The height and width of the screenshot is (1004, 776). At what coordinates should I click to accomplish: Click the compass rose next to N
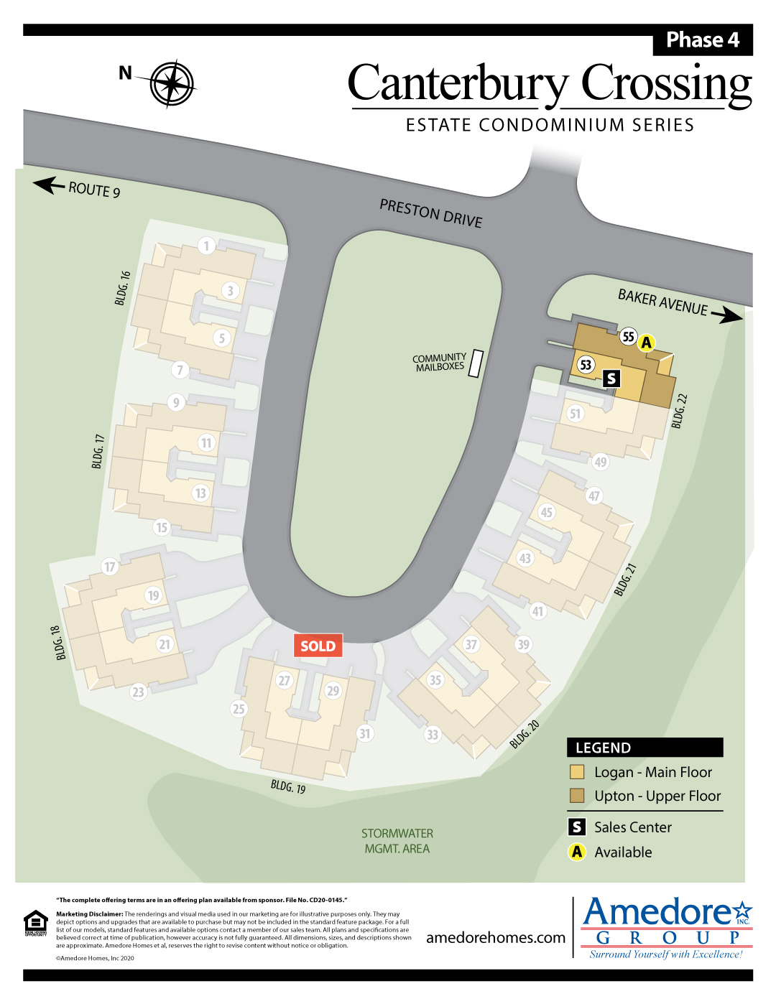[x=172, y=84]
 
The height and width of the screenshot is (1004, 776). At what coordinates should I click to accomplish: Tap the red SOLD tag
[x=318, y=646]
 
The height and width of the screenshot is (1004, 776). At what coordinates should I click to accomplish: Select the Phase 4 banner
[x=702, y=40]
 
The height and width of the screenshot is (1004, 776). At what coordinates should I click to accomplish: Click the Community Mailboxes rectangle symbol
[x=476, y=363]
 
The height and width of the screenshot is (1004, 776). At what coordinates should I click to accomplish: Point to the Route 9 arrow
[x=49, y=185]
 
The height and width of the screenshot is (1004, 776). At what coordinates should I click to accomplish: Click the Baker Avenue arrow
[x=727, y=315]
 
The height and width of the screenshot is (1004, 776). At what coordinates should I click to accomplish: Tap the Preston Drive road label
[x=430, y=213]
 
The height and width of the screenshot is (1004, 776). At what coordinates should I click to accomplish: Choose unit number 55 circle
[x=629, y=337]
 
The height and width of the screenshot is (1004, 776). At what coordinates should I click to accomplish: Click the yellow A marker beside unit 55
[x=647, y=343]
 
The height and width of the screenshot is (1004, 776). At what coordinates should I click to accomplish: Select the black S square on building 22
[x=611, y=378]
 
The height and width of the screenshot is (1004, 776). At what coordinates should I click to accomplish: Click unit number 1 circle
[x=207, y=246]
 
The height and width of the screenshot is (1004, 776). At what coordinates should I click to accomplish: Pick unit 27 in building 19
[x=285, y=680]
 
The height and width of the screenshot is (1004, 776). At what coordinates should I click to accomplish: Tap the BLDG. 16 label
[x=123, y=288]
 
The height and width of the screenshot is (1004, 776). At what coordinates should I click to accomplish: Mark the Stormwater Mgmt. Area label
[x=397, y=841]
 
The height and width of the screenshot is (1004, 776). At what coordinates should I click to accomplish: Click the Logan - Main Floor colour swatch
[x=577, y=772]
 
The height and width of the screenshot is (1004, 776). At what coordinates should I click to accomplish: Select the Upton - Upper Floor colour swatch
[x=577, y=796]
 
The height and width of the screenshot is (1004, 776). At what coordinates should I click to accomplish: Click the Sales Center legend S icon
[x=577, y=827]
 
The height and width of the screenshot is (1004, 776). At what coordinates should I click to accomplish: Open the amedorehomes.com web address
[x=496, y=937]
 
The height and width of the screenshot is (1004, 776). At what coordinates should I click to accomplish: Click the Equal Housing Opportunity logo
[x=36, y=923]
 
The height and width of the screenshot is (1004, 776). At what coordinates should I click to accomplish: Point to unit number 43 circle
[x=525, y=558]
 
